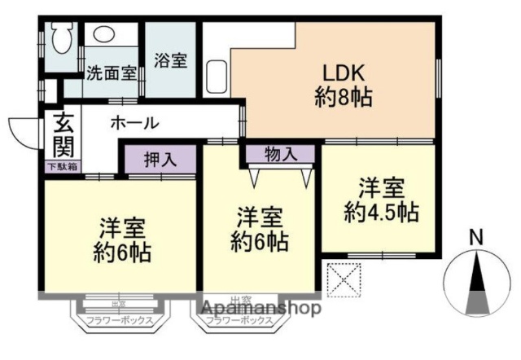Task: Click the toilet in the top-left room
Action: point(62,36)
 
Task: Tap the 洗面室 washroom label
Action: point(111,72)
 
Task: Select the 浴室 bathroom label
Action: point(171,61)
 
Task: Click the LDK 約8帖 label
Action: point(343,86)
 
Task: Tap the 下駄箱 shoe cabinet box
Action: point(61,166)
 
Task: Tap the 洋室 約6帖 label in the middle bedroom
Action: point(259,229)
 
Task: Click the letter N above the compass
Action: point(478,238)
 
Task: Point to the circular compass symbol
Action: point(477,283)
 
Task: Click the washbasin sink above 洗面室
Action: point(103,34)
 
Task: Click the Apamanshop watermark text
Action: point(260,309)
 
